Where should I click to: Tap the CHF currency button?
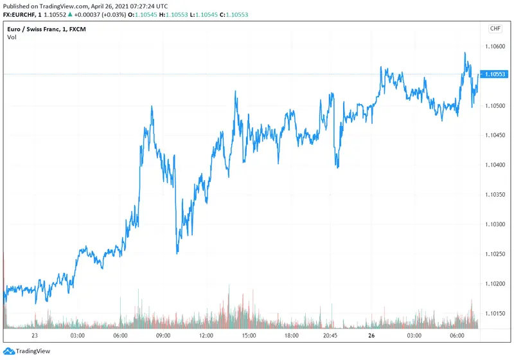coord(495,28)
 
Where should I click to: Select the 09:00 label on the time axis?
coord(163,336)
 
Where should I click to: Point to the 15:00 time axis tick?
coord(249,336)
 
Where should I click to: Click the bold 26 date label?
coord(371,336)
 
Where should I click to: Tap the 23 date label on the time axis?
coord(34,336)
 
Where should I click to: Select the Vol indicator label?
coord(12,37)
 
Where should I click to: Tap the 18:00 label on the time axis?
coord(291,336)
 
